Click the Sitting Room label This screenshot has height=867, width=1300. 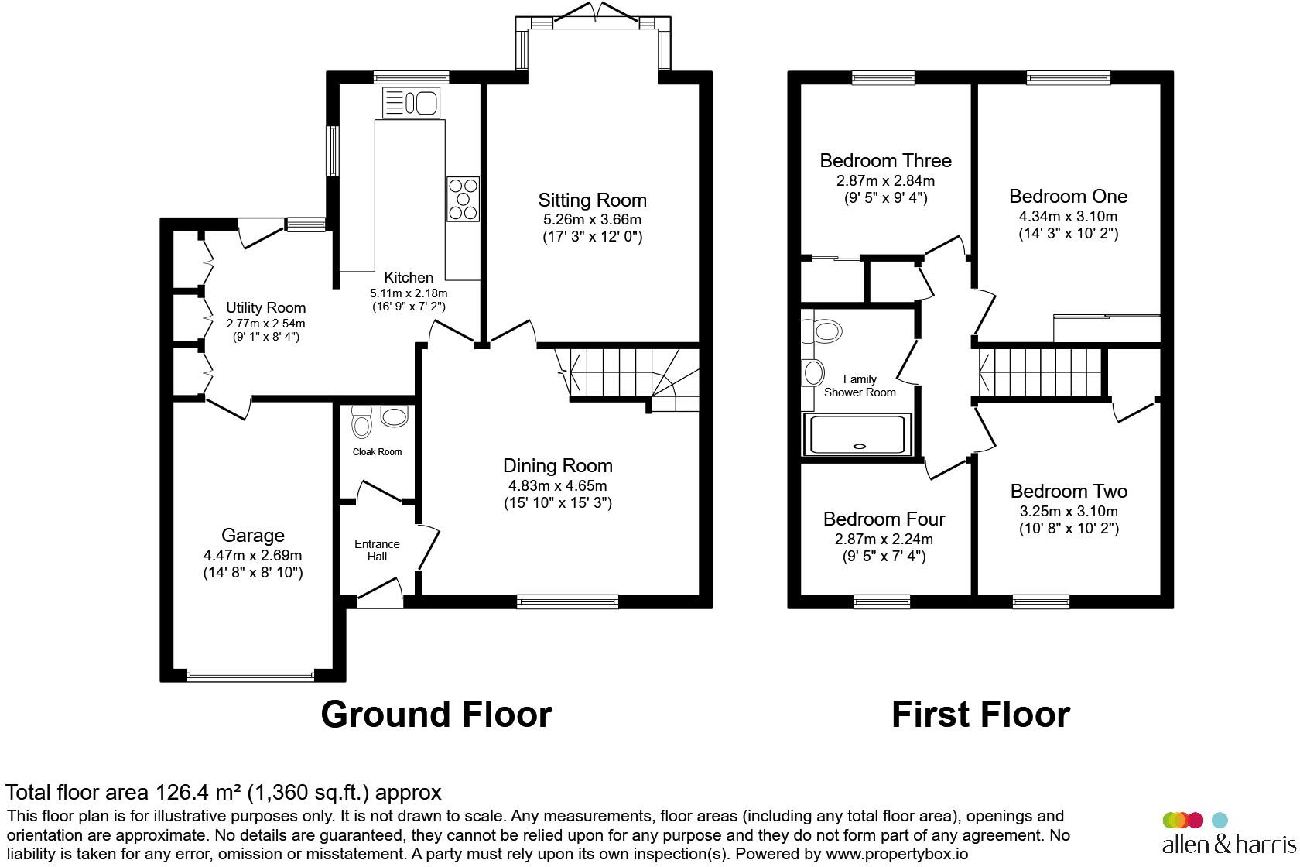tap(592, 200)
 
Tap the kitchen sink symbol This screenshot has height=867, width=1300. tap(411, 102)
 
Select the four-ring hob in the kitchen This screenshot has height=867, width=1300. tap(463, 200)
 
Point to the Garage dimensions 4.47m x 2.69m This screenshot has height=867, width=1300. tap(252, 555)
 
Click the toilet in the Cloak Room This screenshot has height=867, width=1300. tap(361, 424)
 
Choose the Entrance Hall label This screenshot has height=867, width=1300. tap(377, 550)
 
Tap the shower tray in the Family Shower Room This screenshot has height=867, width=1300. tap(859, 434)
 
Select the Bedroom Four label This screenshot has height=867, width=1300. tap(884, 519)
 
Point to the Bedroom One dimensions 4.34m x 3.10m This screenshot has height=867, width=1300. tap(1068, 216)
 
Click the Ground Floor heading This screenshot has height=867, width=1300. tap(436, 714)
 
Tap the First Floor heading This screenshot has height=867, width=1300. tap(980, 714)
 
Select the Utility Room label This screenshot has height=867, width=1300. tap(265, 308)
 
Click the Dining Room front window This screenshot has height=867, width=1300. tap(567, 601)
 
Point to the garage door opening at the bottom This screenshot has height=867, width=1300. tap(251, 676)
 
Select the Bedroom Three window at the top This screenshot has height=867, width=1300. tap(883, 77)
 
